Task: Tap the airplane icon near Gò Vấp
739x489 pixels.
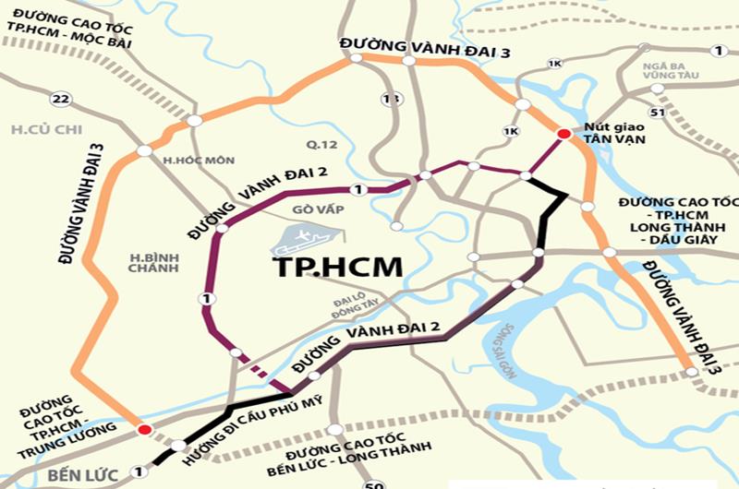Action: coord(297,241)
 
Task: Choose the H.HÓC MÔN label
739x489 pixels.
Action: coord(195,161)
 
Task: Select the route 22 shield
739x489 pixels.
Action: coord(61,99)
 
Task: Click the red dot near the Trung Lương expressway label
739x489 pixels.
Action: coord(144,430)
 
